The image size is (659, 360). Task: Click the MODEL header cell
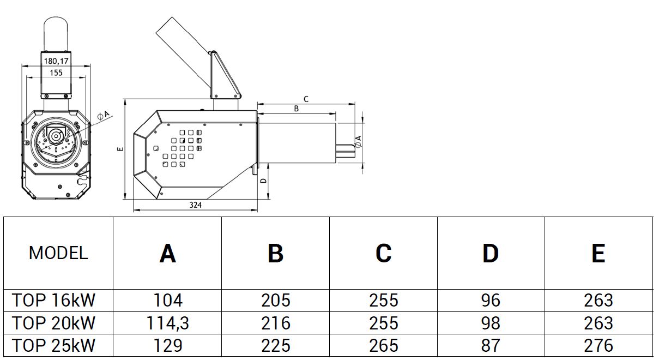[58, 253]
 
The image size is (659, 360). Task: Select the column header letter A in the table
[168, 253]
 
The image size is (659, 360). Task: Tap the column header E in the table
[598, 253]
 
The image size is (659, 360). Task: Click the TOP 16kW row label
[55, 301]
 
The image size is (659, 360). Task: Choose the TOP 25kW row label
[55, 346]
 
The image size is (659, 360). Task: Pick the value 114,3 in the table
[168, 323]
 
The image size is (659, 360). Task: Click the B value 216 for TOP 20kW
[276, 323]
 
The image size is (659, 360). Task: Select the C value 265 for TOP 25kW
[384, 346]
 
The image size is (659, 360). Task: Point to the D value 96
[491, 301]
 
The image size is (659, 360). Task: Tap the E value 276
[598, 346]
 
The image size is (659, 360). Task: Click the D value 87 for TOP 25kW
[491, 346]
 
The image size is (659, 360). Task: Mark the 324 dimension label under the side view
[196, 206]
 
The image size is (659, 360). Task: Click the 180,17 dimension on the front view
[56, 62]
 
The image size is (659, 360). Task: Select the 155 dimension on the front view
[56, 73]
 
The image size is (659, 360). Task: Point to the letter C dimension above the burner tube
[306, 99]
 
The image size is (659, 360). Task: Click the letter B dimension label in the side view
[297, 109]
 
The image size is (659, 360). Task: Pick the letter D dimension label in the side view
[263, 181]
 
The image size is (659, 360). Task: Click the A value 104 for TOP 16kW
[168, 301]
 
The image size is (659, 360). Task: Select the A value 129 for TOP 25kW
[168, 346]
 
